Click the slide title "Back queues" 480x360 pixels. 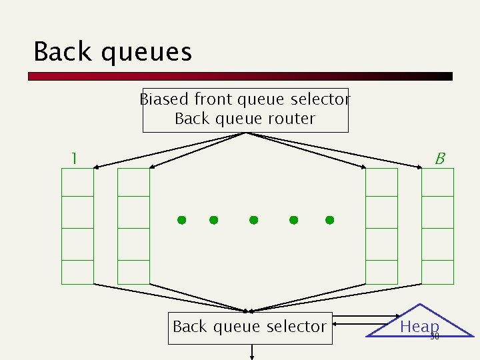[x=113, y=51]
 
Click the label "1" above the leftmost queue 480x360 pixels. [x=75, y=159]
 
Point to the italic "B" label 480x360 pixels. [x=439, y=159]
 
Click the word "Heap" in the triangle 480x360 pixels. [x=419, y=326]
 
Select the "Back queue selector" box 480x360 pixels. [x=249, y=327]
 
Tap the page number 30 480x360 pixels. [x=435, y=336]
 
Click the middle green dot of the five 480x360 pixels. [x=253, y=220]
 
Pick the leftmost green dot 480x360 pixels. [x=181, y=220]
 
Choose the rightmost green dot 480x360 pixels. [x=329, y=220]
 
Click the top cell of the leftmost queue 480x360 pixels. [x=78, y=182]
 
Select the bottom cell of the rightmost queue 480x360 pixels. [x=438, y=272]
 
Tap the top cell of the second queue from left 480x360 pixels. [x=134, y=182]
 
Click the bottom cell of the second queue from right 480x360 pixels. [x=382, y=272]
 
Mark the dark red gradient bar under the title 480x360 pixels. [x=240, y=76]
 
